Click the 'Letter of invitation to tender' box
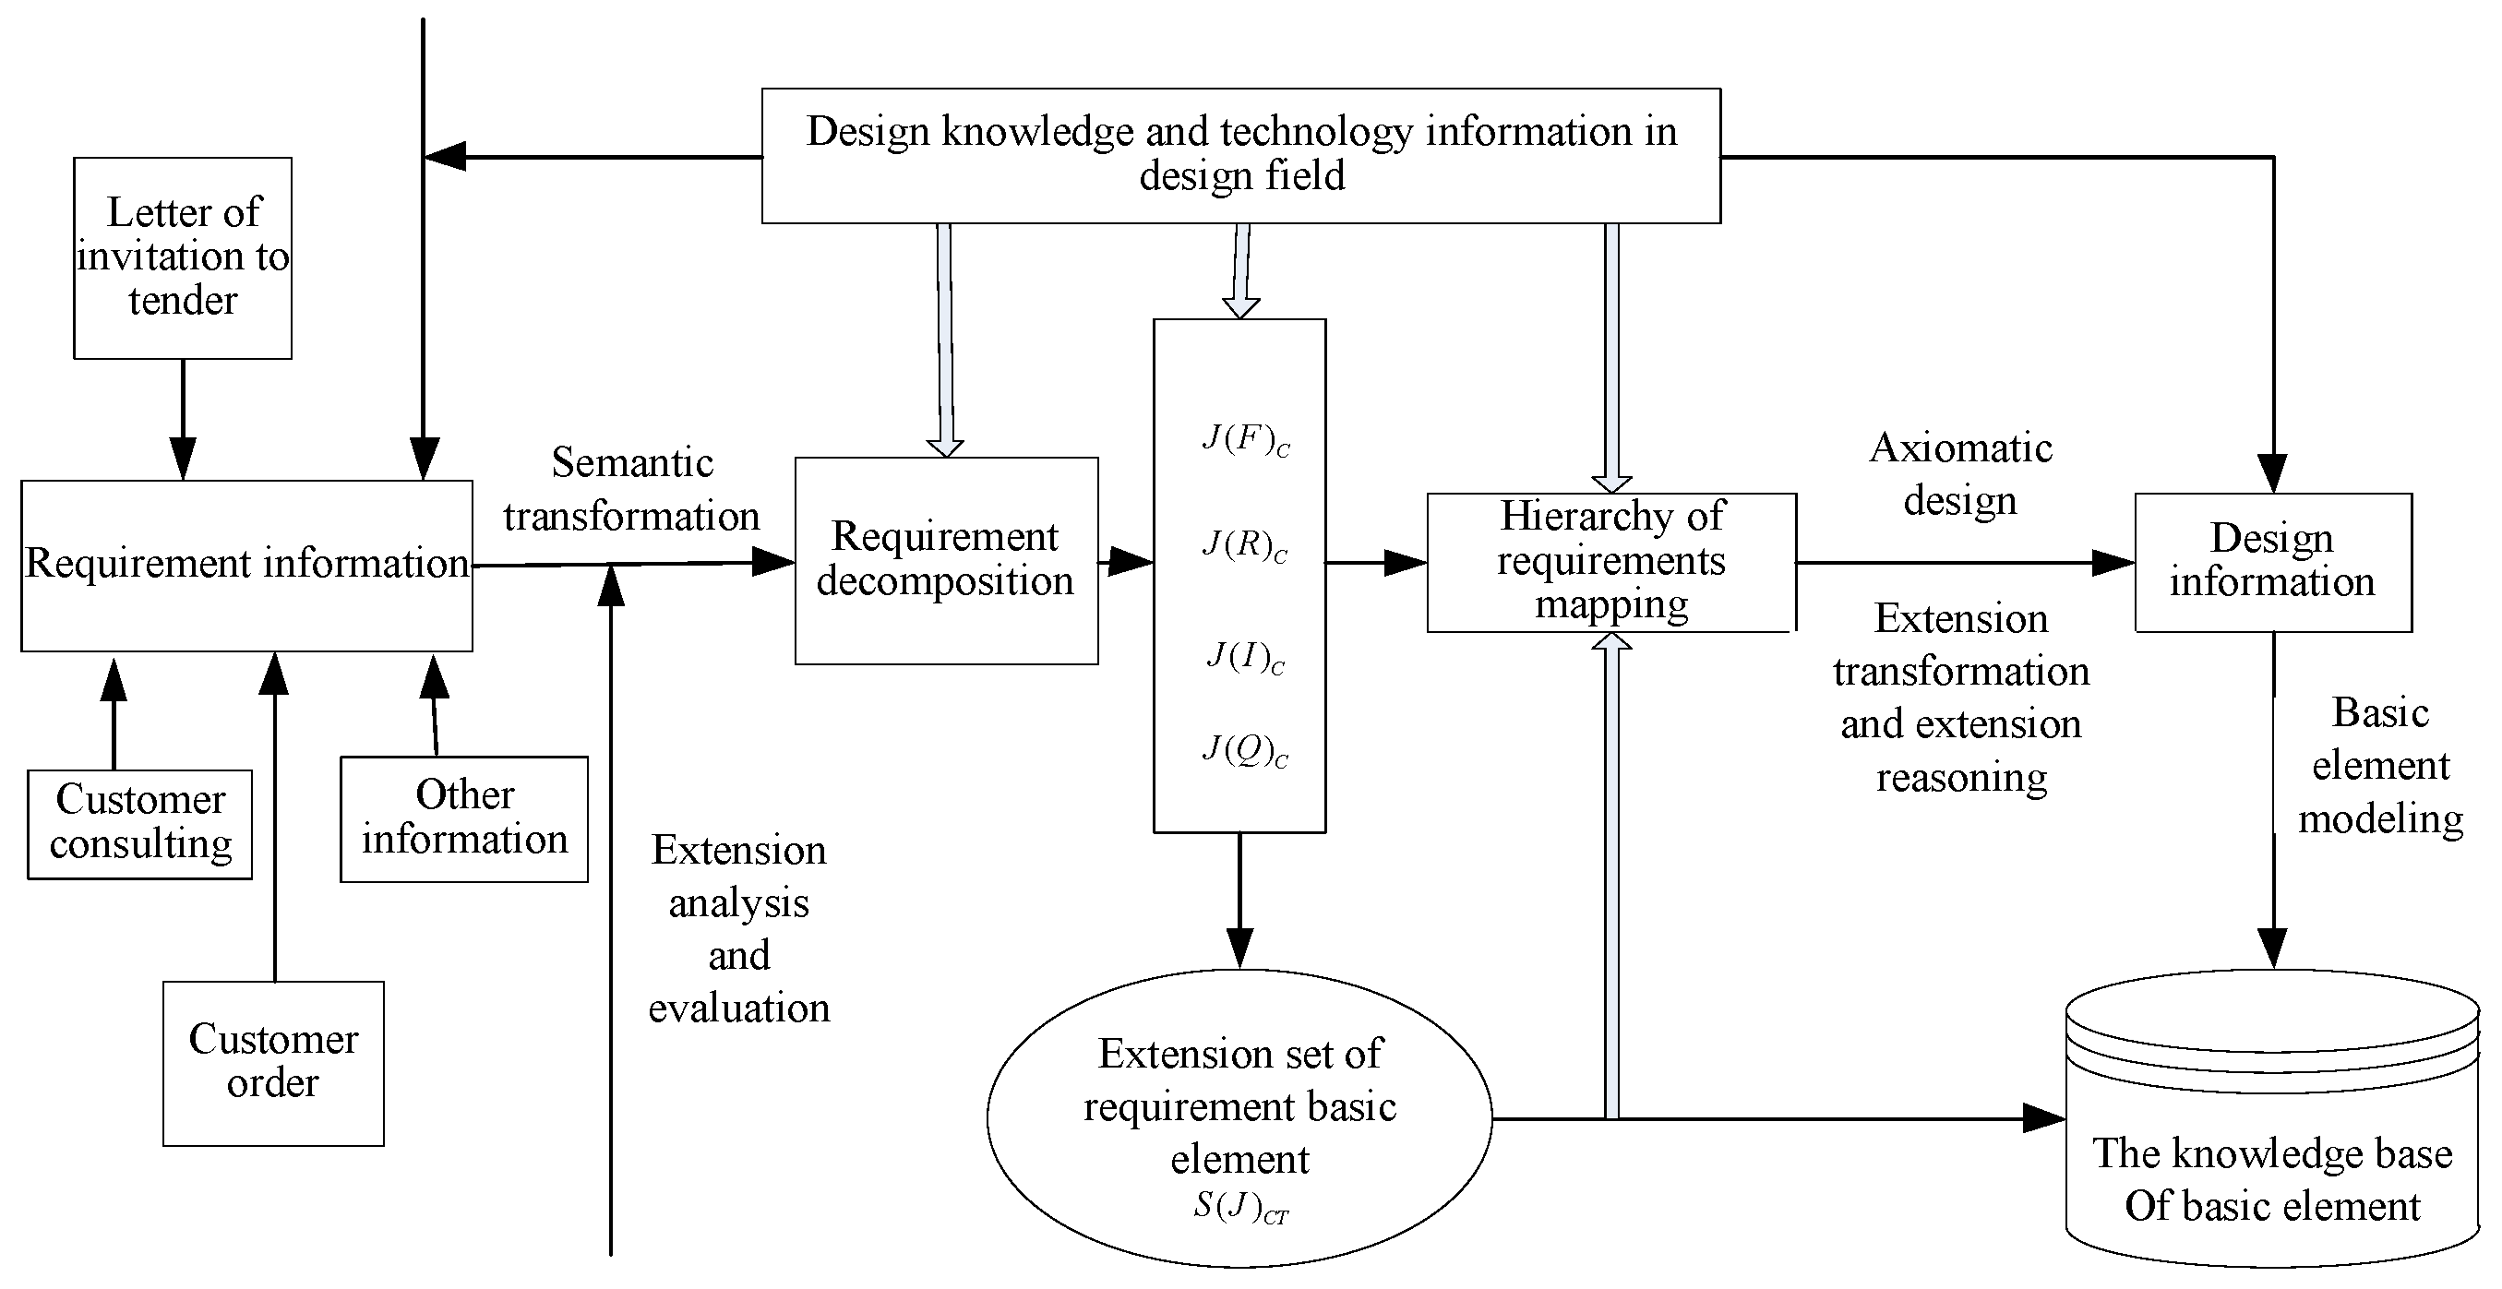pyautogui.click(x=183, y=257)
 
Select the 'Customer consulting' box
pyautogui.click(x=140, y=823)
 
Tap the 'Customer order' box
pyautogui.click(x=273, y=1063)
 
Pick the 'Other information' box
pyautogui.click(x=464, y=818)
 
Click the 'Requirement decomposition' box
pyautogui.click(x=946, y=560)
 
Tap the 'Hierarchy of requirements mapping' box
pyautogui.click(x=1610, y=561)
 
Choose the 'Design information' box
pyautogui.click(x=2272, y=561)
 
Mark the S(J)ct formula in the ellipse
pyautogui.click(x=1240, y=1208)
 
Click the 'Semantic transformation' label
pyautogui.click(x=631, y=490)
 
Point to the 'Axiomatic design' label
pyautogui.click(x=1960, y=474)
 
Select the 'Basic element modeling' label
pyautogui.click(x=2379, y=766)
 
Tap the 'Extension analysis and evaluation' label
pyautogui.click(x=738, y=928)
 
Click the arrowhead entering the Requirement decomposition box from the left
pyautogui.click(x=774, y=561)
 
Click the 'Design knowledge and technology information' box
pyautogui.click(x=1240, y=155)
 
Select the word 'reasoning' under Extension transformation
pyautogui.click(x=1961, y=778)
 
